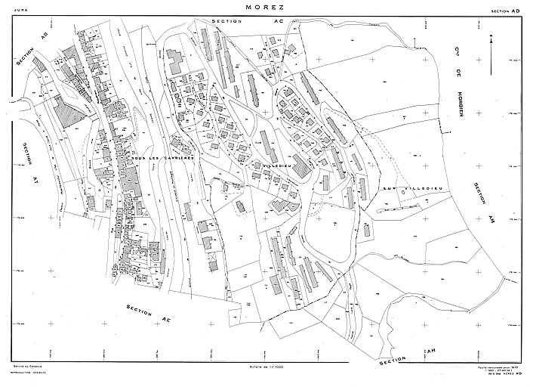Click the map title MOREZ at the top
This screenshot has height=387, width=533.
pyautogui.click(x=266, y=8)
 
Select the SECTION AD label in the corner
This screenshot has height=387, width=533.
pyautogui.click(x=505, y=12)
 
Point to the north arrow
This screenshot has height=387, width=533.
pyautogui.click(x=491, y=53)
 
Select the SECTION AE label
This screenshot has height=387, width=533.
pyautogui.click(x=149, y=315)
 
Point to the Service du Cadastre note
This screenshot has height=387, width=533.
pyautogui.click(x=22, y=367)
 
